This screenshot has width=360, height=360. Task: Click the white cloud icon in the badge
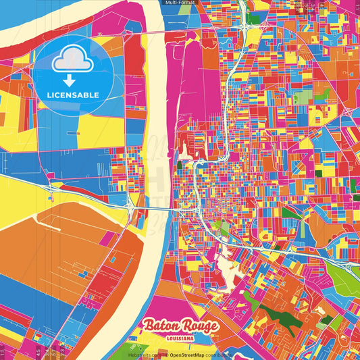pos(72,61)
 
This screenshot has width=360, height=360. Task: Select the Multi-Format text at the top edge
pos(180,3)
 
